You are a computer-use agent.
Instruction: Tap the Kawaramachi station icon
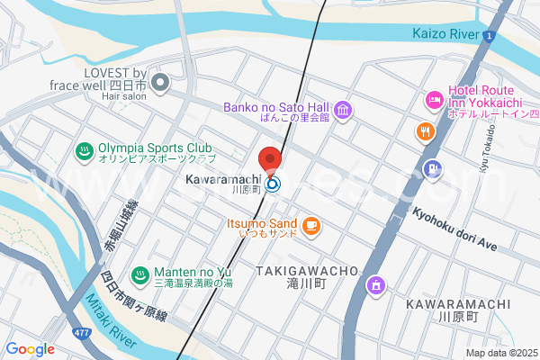click(272, 184)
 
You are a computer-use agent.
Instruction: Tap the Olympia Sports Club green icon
click(84, 151)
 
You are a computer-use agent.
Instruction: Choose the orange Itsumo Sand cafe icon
click(311, 225)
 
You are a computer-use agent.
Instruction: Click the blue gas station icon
click(435, 167)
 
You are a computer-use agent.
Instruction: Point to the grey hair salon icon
click(161, 84)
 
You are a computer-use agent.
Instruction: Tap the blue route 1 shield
click(488, 36)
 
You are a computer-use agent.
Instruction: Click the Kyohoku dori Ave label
click(455, 230)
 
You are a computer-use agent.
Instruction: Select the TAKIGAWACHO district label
click(307, 271)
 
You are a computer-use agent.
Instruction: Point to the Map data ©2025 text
click(500, 353)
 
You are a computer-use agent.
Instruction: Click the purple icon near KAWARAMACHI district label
click(374, 286)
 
